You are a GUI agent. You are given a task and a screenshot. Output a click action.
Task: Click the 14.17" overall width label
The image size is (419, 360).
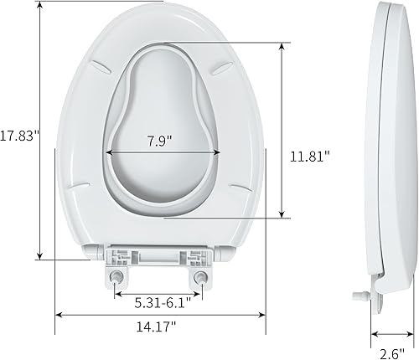pyautogui.click(x=159, y=327)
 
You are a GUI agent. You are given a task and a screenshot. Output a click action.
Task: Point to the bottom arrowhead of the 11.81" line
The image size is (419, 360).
pyautogui.click(x=281, y=215)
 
